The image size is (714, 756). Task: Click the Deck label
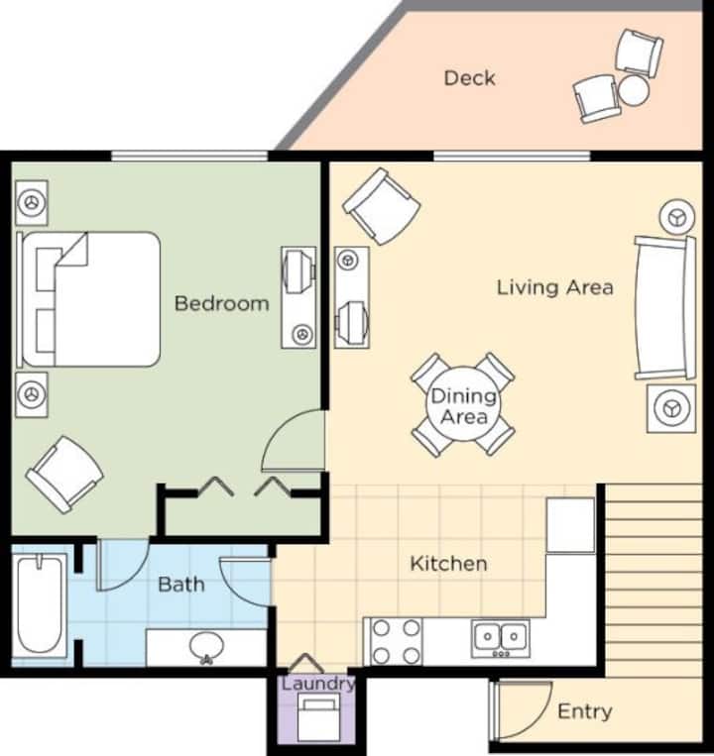coord(469,78)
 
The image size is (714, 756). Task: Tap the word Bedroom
coord(221,303)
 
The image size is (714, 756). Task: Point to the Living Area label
coord(555,287)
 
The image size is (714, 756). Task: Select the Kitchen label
coord(448,563)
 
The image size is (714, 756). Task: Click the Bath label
coord(181,585)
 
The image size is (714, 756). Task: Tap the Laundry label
coord(318,684)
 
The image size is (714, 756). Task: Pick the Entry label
coord(585,711)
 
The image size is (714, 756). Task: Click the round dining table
coord(463,404)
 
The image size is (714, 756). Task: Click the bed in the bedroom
coord(89,299)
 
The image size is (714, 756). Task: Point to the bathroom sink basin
coord(206,646)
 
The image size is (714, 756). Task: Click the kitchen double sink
coord(500,639)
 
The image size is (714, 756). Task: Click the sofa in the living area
coord(665,308)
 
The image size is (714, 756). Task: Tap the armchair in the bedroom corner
coord(64,475)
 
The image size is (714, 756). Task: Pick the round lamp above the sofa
coord(677,217)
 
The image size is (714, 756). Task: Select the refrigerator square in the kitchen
coord(570,525)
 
